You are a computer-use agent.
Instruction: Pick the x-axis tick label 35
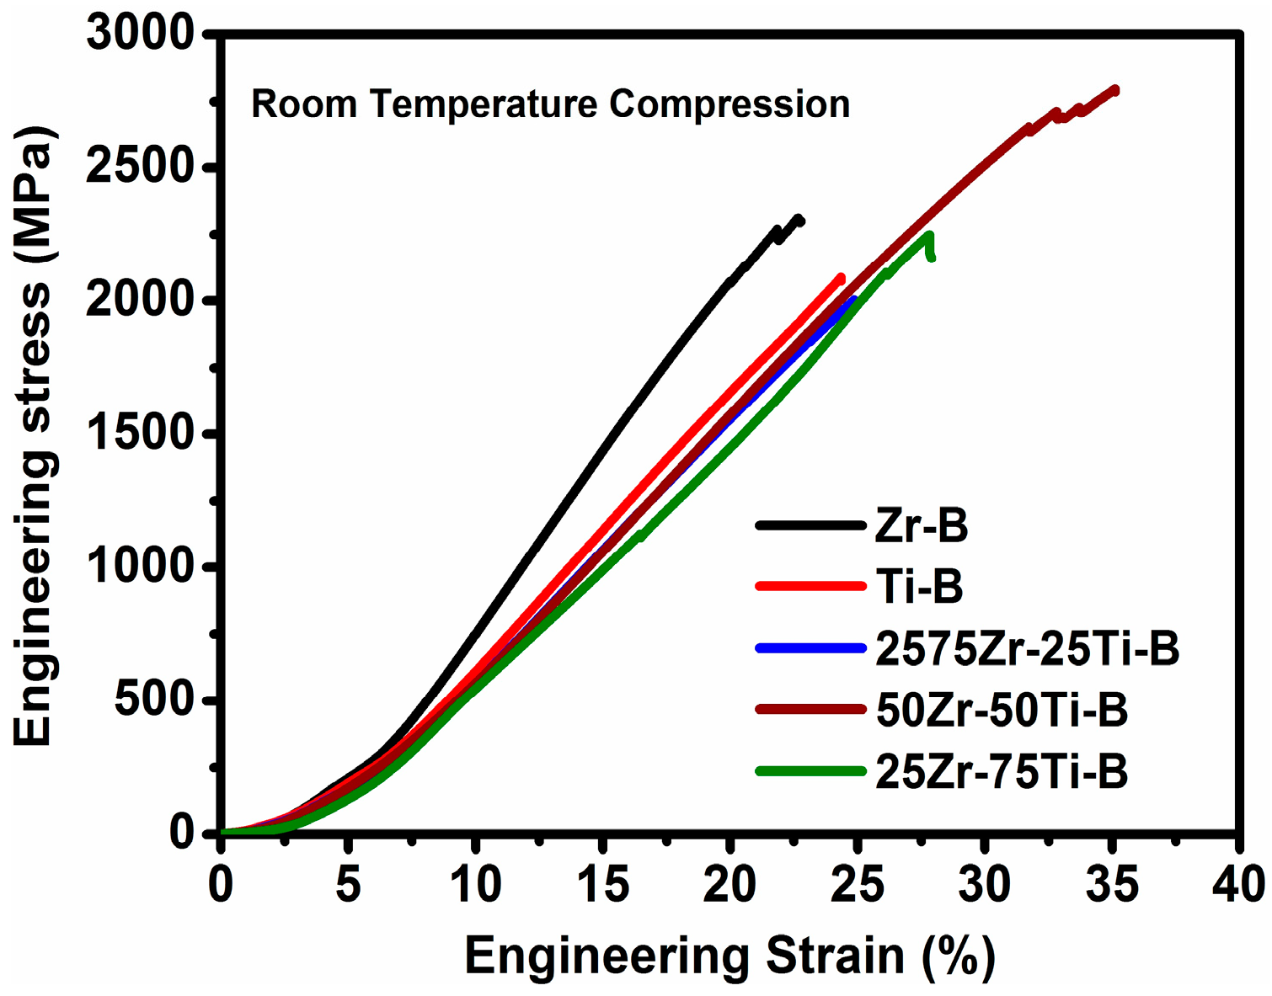[1113, 885]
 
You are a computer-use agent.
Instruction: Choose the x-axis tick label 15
[603, 885]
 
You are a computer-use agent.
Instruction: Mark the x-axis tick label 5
[348, 885]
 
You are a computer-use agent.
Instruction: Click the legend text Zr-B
[922, 526]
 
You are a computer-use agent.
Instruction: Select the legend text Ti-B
[919, 587]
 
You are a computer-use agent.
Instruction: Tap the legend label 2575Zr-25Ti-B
[1027, 649]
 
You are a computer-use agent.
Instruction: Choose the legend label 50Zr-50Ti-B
[1002, 711]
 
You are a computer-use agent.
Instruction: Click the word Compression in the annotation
[730, 105]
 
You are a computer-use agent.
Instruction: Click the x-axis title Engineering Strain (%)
[730, 957]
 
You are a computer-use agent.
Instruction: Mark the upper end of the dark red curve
[1115, 89]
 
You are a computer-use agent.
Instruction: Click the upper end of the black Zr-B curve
[800, 220]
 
